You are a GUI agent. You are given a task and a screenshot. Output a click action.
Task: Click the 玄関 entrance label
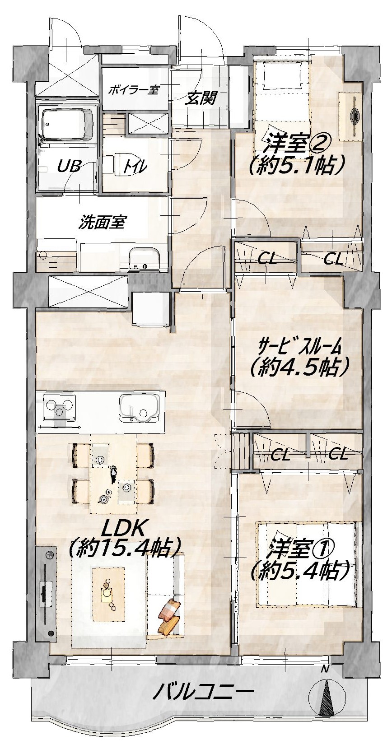tap(201, 98)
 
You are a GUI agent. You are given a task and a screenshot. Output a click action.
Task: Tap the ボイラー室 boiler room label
tap(135, 89)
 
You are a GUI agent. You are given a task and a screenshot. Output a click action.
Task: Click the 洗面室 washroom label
tap(102, 223)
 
